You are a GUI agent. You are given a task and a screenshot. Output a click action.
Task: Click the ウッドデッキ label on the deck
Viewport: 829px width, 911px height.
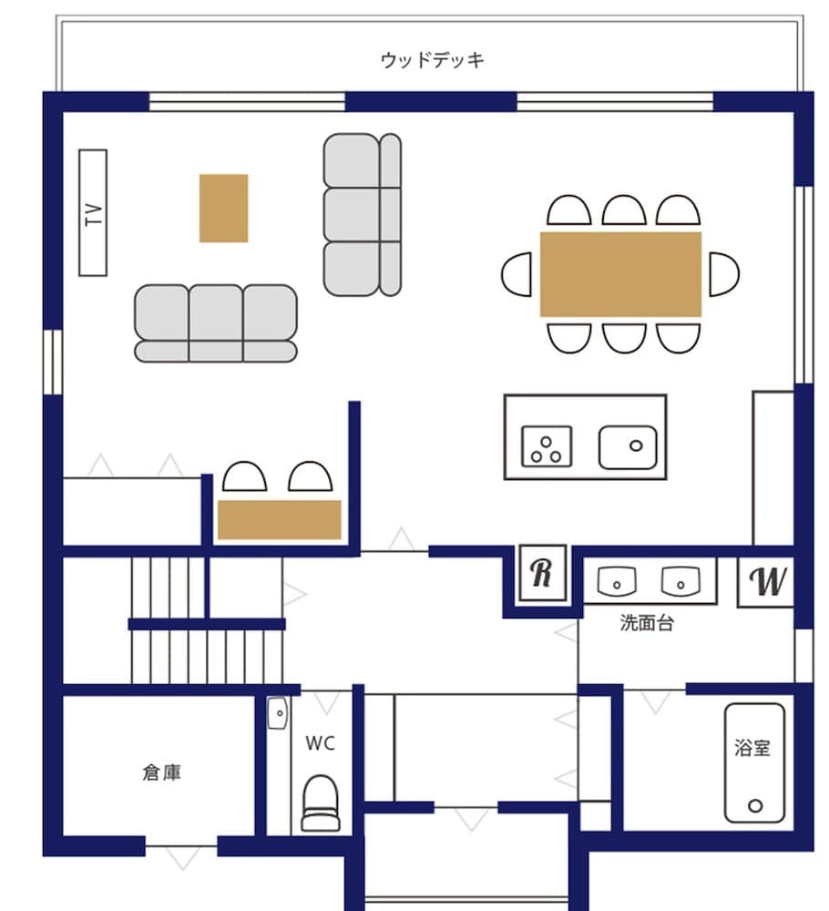(x=433, y=61)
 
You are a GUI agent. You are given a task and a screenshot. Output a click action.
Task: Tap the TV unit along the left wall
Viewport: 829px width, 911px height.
(x=92, y=212)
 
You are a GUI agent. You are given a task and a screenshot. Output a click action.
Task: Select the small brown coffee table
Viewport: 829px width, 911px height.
(x=223, y=208)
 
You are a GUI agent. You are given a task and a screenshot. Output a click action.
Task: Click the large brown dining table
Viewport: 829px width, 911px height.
(x=620, y=274)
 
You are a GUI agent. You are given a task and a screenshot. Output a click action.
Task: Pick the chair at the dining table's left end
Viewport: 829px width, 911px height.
(x=517, y=274)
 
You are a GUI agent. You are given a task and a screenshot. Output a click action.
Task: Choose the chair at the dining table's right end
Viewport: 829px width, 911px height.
(x=723, y=274)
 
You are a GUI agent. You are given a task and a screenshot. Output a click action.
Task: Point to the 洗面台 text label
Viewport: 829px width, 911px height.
(x=647, y=624)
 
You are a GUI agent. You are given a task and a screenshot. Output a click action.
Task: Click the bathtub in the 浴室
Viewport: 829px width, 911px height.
(x=754, y=763)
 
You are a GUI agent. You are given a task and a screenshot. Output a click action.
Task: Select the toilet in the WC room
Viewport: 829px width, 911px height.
(x=320, y=802)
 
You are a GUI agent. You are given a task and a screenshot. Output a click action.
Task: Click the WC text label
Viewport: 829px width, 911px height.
(x=320, y=743)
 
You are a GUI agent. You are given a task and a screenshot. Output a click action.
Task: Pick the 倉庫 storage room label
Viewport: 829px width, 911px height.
(x=161, y=773)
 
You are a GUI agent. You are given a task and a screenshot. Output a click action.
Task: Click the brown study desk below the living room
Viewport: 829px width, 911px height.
(x=279, y=519)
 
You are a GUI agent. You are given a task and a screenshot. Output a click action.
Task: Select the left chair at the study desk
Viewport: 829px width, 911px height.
(x=245, y=477)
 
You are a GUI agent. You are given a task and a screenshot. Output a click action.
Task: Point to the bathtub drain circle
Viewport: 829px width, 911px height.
(x=754, y=805)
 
